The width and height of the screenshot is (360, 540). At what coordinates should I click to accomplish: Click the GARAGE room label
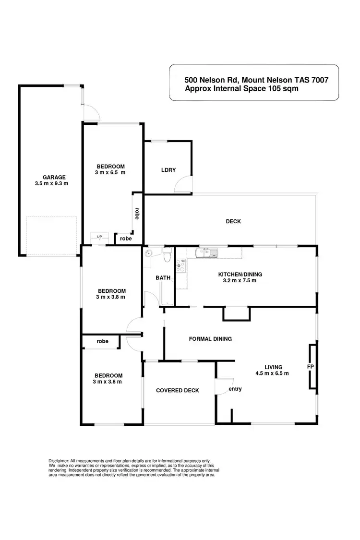tap(50, 177)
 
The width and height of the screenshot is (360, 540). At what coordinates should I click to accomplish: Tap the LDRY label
tap(168, 170)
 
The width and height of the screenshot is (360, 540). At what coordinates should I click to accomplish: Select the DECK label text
tap(233, 221)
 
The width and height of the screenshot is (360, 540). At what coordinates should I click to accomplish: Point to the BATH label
tap(160, 278)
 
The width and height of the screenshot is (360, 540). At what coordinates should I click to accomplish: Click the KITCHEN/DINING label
tap(240, 275)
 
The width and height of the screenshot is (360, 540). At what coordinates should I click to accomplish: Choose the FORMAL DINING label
tap(210, 338)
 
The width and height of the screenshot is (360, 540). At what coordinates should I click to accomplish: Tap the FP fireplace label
tap(310, 366)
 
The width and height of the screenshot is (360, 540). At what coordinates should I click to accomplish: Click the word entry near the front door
tap(235, 389)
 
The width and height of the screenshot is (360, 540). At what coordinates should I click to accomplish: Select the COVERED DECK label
tap(178, 390)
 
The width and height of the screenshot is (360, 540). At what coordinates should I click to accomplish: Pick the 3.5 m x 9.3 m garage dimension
tap(51, 183)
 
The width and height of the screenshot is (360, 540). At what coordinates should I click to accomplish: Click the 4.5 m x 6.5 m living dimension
tap(272, 373)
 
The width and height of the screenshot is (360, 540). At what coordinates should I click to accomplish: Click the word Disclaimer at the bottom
tap(59, 460)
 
